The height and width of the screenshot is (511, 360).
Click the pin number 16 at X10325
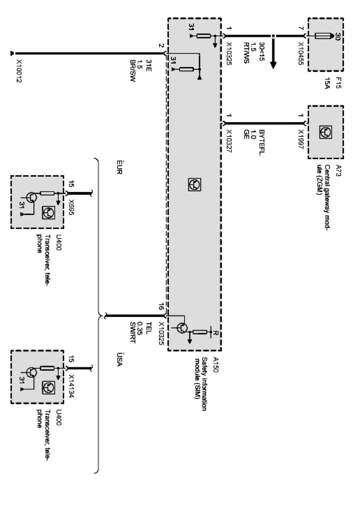[x=160, y=307]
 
